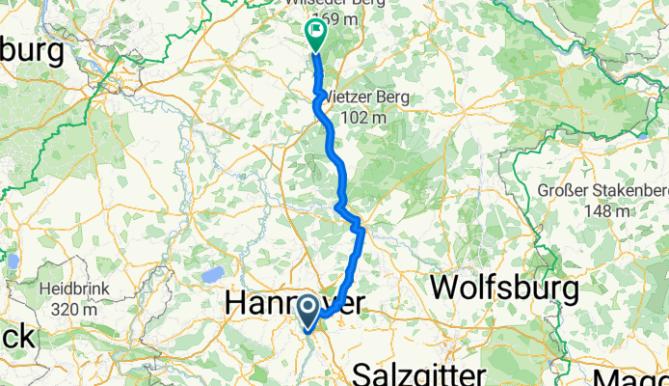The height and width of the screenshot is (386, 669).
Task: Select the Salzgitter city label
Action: tap(426, 373)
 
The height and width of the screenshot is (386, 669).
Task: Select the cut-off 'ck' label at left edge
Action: tap(16, 339)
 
